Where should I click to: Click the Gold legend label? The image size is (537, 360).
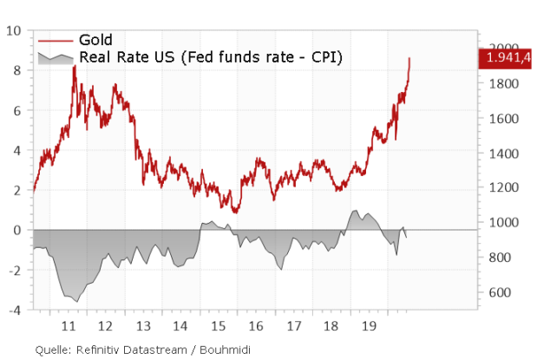pos(95,40)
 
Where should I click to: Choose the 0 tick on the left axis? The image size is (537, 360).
pos(16,230)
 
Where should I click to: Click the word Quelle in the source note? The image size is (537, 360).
pos(54,349)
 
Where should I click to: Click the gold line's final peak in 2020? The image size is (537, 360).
pos(409,58)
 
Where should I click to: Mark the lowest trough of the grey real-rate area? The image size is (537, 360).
pos(76,301)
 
